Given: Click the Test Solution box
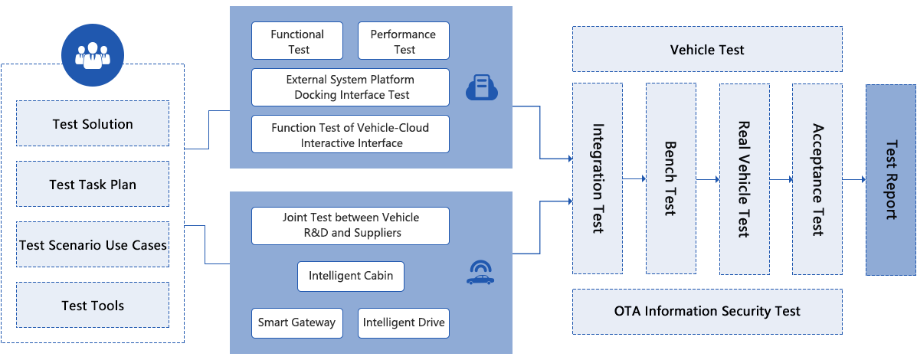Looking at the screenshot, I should coord(92,124).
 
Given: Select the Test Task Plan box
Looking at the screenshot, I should coord(92,185).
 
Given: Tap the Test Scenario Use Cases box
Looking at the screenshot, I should coord(92,245).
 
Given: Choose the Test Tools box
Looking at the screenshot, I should coord(92,306).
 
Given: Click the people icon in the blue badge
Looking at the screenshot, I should coord(93,55).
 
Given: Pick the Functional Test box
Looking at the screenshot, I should coord(297,41).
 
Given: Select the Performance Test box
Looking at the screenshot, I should coord(403,41).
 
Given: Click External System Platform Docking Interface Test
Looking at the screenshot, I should coord(350,87).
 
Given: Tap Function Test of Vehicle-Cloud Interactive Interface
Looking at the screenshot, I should coord(350,135).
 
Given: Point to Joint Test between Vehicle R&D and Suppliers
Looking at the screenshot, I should coord(350,225).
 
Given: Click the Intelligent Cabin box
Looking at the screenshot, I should coord(350,276).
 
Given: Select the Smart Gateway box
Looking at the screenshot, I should coord(296,322).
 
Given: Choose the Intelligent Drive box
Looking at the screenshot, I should coord(404,322).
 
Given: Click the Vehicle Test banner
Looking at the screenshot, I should coord(707,51).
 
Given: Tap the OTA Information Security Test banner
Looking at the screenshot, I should coord(707,311).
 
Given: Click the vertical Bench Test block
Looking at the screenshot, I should coord(670,178).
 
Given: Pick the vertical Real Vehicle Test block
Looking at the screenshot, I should coord(743,178).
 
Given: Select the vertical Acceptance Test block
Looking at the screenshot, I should coord(817,178).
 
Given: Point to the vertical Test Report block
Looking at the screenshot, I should coord(890,178).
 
